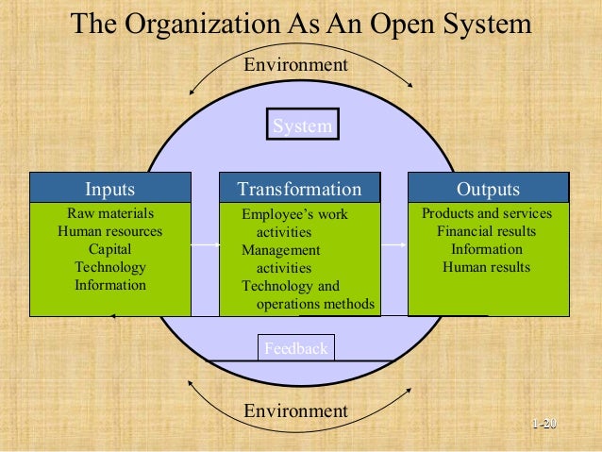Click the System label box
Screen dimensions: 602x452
click(x=302, y=126)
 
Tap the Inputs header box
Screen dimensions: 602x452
click(x=109, y=189)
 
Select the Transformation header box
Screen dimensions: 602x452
click(x=299, y=189)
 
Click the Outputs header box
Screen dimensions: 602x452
click(x=488, y=189)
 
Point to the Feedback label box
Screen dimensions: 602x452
click(x=295, y=348)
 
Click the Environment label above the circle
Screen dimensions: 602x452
click(x=295, y=65)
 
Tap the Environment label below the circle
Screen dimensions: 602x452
click(x=295, y=410)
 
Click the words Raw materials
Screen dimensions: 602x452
click(x=109, y=213)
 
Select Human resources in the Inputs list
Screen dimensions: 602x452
click(x=109, y=231)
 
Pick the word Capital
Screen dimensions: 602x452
click(x=109, y=249)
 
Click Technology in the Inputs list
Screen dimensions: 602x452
click(x=109, y=267)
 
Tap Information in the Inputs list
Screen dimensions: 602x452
click(x=109, y=284)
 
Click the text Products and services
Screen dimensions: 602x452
click(x=487, y=213)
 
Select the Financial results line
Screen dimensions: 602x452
click(x=487, y=231)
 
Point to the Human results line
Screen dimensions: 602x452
click(x=487, y=267)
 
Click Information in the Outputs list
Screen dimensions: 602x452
click(x=487, y=249)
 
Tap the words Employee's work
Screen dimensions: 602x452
click(x=294, y=215)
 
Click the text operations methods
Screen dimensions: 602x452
click(x=315, y=304)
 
